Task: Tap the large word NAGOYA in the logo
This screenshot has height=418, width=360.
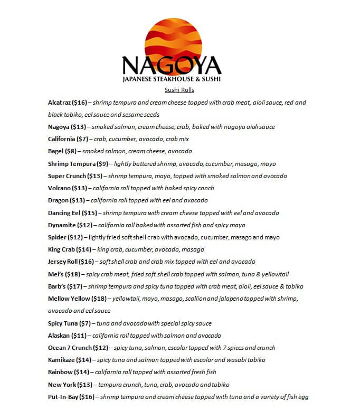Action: [172, 66]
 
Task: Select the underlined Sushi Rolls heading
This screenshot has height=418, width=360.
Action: [179, 90]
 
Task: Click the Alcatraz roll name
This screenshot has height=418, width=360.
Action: [59, 103]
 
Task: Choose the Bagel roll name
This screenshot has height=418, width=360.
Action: [55, 151]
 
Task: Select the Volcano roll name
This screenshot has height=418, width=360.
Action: [59, 188]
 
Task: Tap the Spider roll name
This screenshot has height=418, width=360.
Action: [57, 237]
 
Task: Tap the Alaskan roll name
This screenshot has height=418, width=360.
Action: [59, 336]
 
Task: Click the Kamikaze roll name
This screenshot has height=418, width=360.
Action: [62, 360]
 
